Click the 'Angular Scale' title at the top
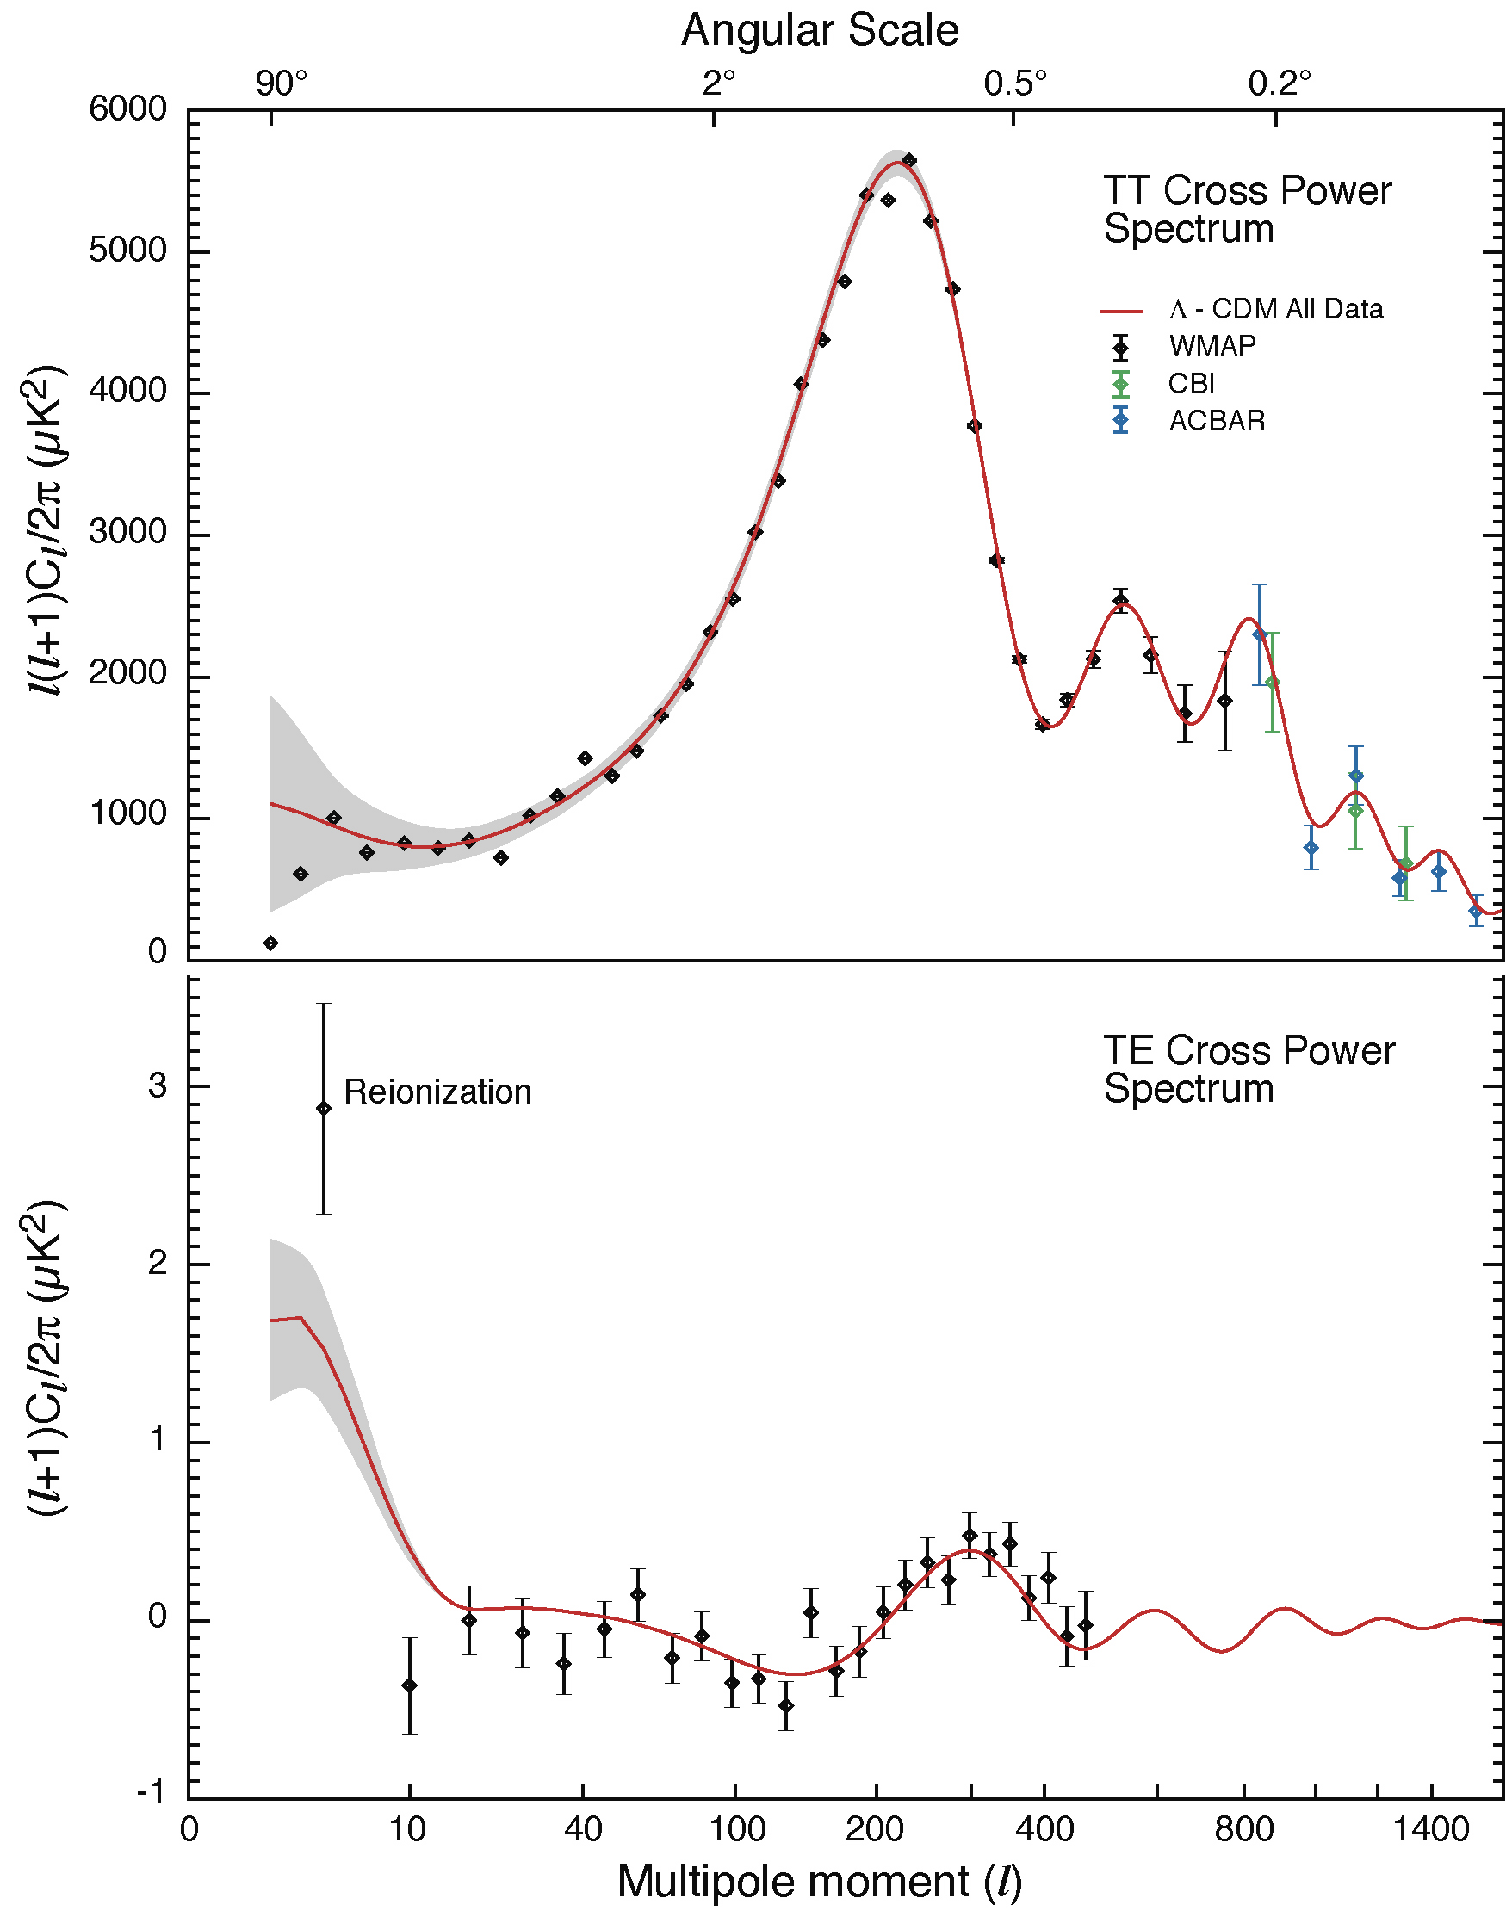(819, 31)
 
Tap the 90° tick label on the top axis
(282, 83)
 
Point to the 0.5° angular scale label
(1016, 83)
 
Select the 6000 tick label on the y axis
(127, 109)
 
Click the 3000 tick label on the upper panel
(127, 532)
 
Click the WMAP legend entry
(1212, 345)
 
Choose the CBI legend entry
(1191, 383)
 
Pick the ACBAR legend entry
(1217, 421)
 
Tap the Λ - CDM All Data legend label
(1276, 309)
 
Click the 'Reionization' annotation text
(437, 1092)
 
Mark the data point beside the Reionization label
(324, 1108)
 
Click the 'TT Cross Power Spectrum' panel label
(1247, 210)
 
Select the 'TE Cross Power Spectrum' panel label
(1249, 1069)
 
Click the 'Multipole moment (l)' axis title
(819, 1882)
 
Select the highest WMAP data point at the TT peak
(909, 159)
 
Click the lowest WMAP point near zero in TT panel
(270, 943)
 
